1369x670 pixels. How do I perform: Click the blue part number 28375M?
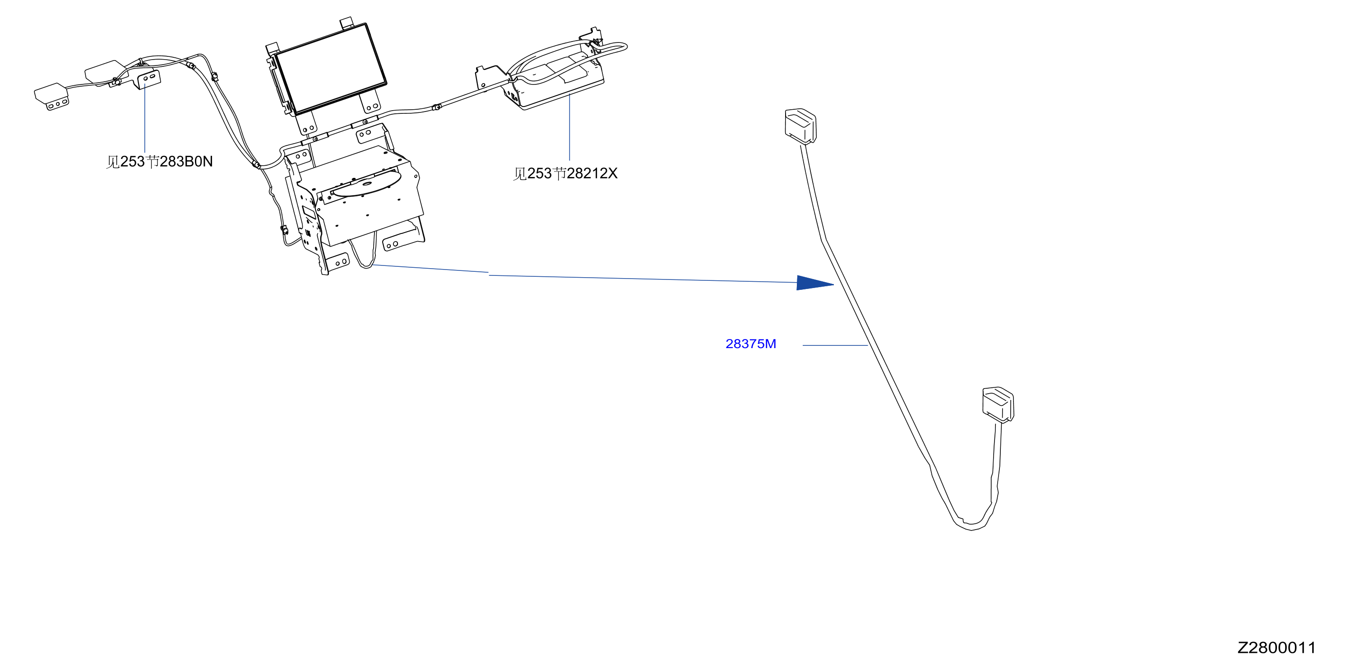tap(750, 344)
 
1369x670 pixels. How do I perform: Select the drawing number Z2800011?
tap(1276, 648)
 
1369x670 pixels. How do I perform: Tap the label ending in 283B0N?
tap(159, 161)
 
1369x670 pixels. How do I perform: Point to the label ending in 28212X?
tap(565, 173)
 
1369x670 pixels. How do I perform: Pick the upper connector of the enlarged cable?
tap(800, 126)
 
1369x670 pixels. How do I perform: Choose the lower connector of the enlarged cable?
tap(998, 405)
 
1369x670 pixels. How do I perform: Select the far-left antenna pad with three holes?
tap(51, 96)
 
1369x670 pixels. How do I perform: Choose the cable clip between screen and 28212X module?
tap(436, 107)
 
